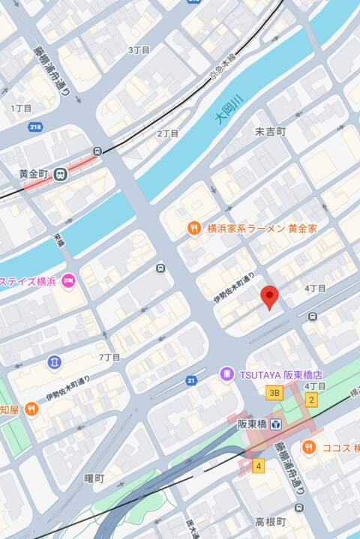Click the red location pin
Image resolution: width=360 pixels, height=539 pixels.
[x=270, y=298]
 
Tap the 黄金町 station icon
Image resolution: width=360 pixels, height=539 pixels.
[x=59, y=174]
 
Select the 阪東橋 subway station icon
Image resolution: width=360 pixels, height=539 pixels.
[x=276, y=424]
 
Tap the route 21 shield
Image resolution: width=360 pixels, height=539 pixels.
[x=191, y=381]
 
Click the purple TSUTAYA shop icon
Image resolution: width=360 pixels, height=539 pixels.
[x=226, y=373]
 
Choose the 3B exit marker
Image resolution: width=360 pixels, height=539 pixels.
[x=274, y=392]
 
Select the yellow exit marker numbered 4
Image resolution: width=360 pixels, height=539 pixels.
[x=259, y=466]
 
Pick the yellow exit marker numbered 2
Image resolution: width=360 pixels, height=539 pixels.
[x=311, y=400]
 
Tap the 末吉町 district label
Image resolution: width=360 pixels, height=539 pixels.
[x=270, y=132]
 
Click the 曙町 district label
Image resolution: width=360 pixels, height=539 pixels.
[x=94, y=478]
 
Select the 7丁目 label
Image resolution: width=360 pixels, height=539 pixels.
[x=109, y=357]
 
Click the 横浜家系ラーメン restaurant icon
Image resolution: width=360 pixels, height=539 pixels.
[x=193, y=228]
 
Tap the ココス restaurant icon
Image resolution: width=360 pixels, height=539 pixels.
[x=309, y=448]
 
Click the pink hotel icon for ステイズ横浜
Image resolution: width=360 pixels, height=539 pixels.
[x=69, y=281]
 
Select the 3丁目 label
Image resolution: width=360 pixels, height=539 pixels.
[x=139, y=50]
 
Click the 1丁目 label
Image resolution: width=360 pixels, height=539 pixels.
[x=21, y=109]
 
